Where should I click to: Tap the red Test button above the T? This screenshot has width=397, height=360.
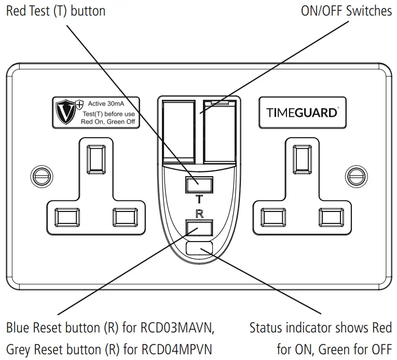(x=198, y=184)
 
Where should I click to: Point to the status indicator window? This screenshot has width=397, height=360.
(x=199, y=248)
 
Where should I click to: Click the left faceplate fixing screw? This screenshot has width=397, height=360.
(x=39, y=175)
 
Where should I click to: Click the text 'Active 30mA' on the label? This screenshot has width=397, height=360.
(x=106, y=103)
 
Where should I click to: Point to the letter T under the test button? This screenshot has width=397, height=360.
(x=199, y=198)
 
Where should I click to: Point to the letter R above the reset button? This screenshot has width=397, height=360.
(x=199, y=213)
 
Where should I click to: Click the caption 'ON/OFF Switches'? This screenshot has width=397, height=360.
(x=346, y=11)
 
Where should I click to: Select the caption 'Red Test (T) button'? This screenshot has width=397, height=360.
(x=56, y=11)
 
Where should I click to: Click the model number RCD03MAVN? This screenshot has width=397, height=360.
(x=176, y=328)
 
